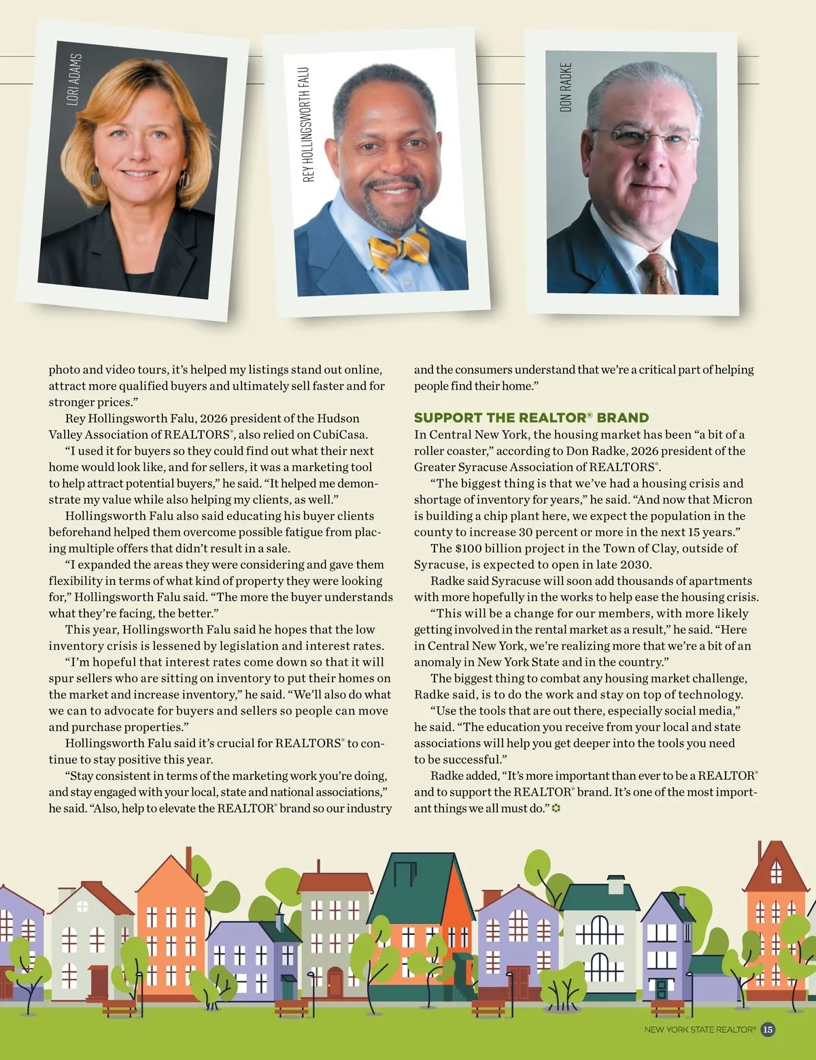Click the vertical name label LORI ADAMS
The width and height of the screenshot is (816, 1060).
(x=73, y=80)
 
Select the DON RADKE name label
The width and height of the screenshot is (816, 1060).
(x=566, y=87)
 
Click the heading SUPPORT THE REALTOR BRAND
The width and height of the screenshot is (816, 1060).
(x=531, y=417)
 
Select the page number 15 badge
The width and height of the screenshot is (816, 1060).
(x=767, y=1029)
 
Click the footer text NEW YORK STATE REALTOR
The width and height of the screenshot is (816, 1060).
(x=700, y=1030)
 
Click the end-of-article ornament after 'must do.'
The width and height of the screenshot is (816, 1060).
(x=556, y=808)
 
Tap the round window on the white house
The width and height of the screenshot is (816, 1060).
(x=82, y=906)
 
